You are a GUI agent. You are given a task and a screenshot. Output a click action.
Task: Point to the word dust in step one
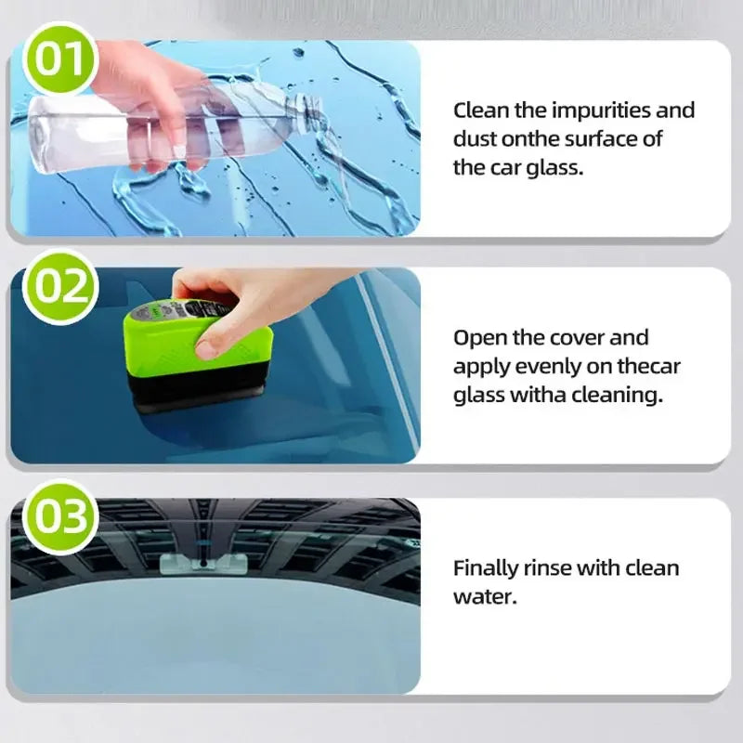coord(474,139)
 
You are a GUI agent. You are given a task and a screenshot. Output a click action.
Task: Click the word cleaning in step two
coord(619,395)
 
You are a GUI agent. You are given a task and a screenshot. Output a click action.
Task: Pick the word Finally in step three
coord(486,567)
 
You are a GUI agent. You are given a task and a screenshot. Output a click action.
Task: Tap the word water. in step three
coord(483,595)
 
